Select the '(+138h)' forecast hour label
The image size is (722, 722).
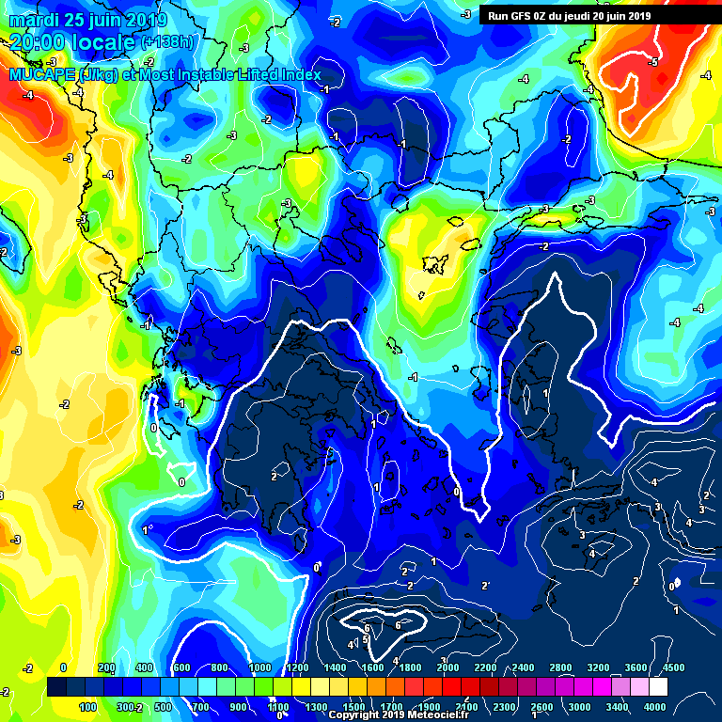click(168, 42)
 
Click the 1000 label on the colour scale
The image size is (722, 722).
click(259, 667)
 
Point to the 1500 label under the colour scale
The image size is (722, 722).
click(354, 707)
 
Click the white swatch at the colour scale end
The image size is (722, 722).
click(658, 687)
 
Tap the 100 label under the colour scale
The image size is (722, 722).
click(89, 707)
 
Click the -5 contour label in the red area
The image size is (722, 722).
click(653, 62)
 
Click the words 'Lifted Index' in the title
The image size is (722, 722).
click(278, 74)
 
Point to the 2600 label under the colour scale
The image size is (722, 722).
click(541, 707)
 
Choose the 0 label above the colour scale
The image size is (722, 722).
click(63, 667)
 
